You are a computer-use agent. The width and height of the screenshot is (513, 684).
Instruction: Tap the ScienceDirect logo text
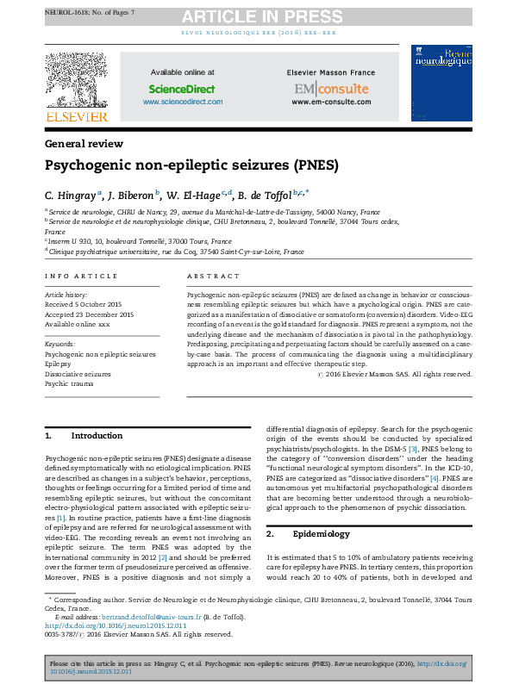coord(182,89)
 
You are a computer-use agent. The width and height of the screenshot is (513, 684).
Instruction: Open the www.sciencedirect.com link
coord(182,102)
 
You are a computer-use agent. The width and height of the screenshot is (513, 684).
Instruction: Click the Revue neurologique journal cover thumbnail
coord(442,83)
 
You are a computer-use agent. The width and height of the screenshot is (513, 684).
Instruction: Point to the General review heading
coord(84,144)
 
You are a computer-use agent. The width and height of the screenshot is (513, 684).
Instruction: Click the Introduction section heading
coord(96,436)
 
